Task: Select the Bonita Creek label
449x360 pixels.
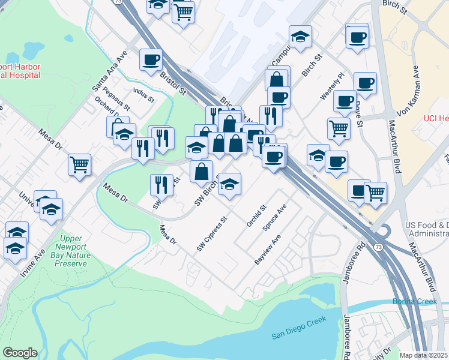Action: pos(414,301)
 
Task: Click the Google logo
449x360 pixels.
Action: pos(20,353)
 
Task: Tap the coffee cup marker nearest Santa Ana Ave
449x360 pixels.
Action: pos(151,60)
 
